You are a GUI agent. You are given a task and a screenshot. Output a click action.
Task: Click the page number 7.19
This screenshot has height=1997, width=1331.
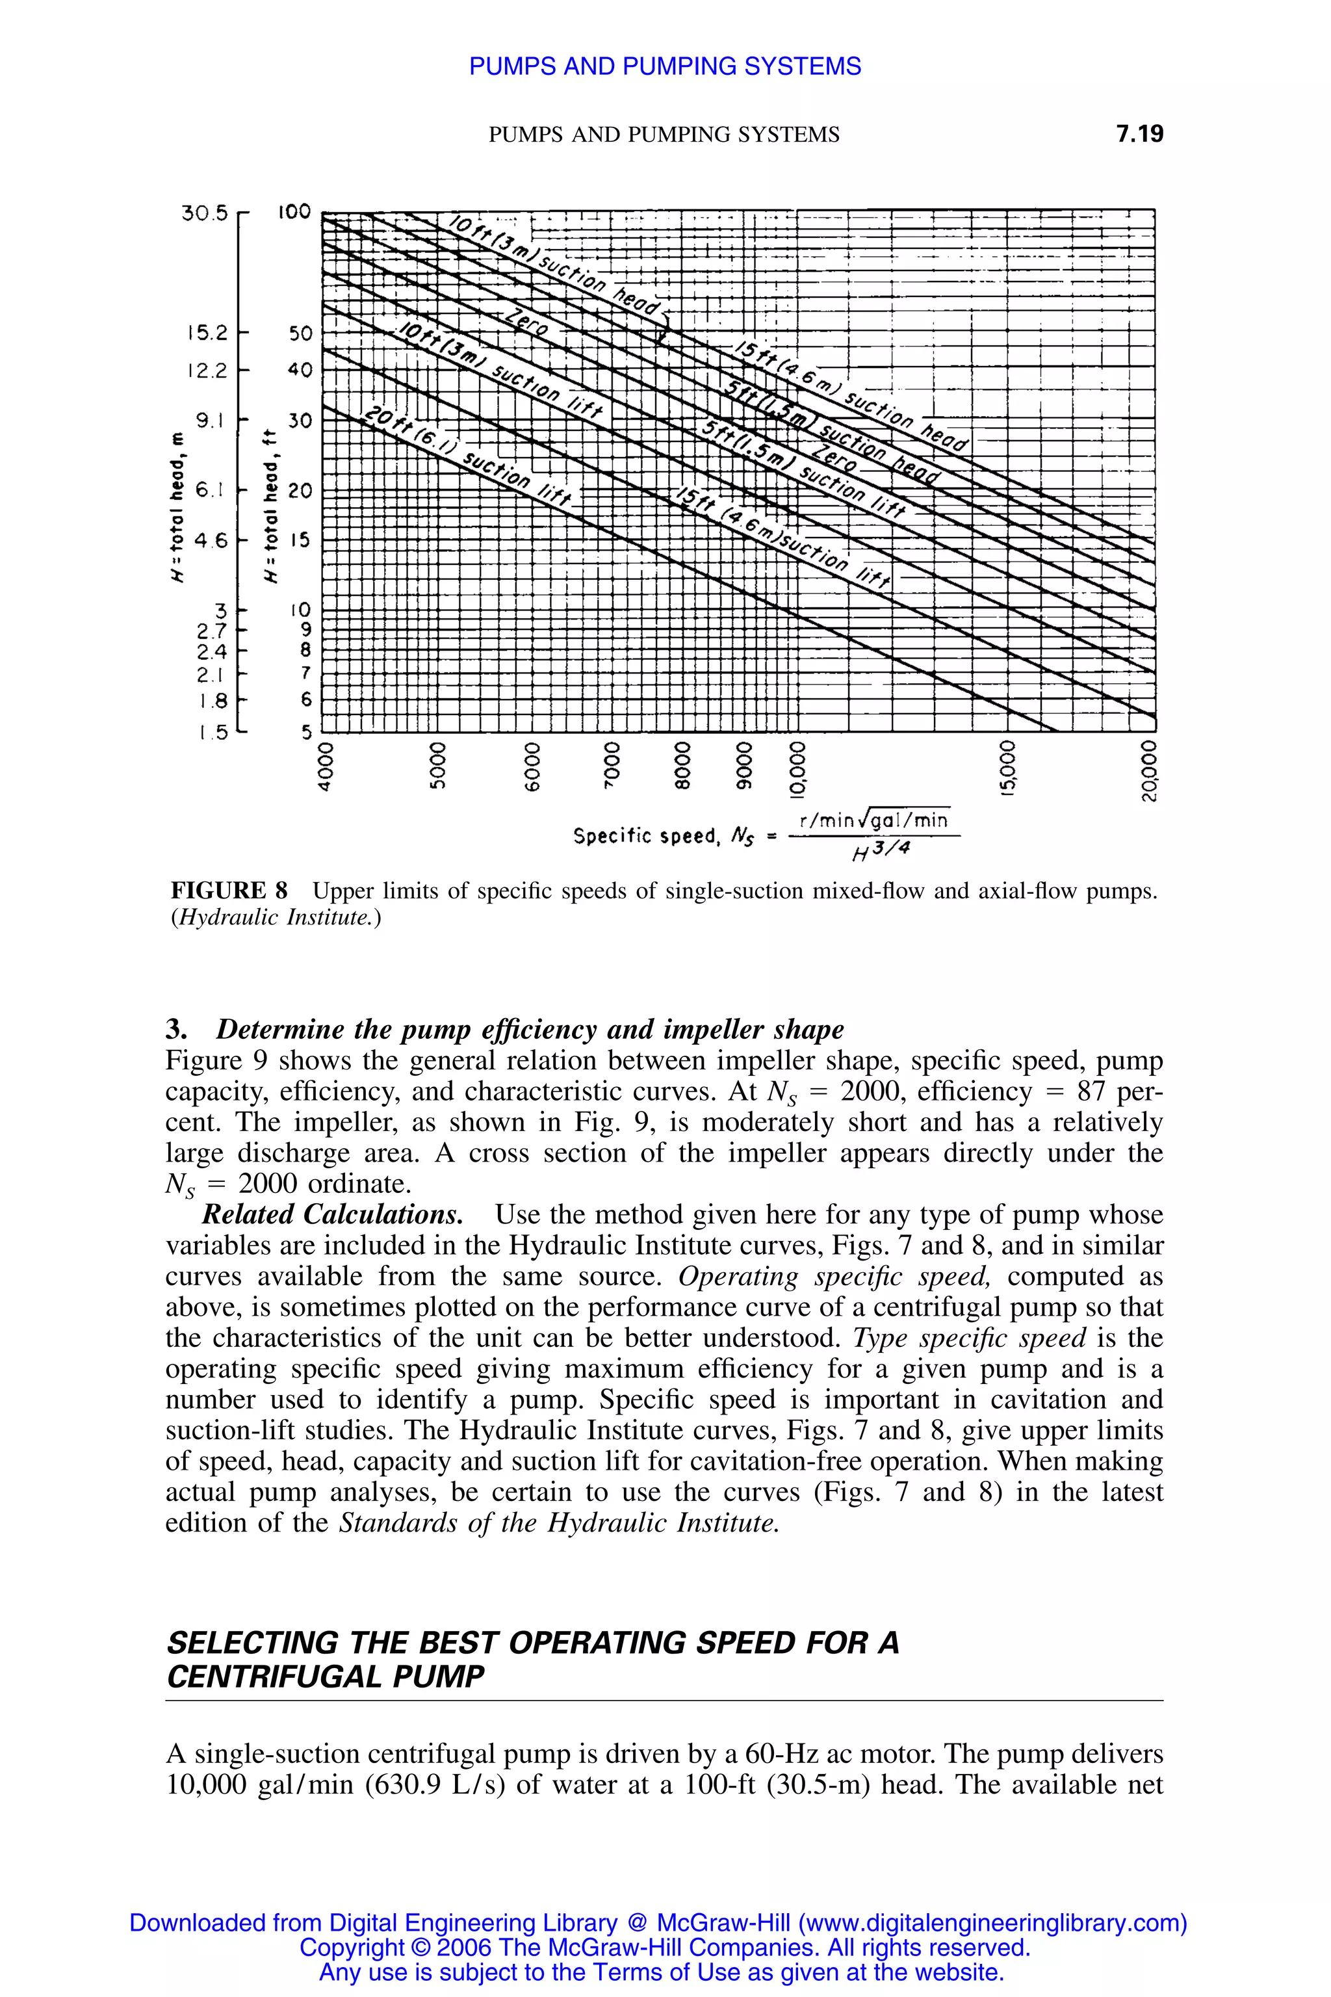point(1140,134)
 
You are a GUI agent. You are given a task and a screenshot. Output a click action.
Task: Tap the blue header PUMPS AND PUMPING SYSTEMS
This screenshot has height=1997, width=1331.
point(665,66)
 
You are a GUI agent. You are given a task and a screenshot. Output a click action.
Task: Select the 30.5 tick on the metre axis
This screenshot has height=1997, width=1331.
point(205,213)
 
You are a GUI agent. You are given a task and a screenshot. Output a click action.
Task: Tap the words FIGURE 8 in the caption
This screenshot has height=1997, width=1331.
point(229,891)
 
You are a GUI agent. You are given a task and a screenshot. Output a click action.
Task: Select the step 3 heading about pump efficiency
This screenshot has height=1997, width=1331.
point(505,1029)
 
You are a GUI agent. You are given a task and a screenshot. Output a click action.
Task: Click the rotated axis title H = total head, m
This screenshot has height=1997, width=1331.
point(177,519)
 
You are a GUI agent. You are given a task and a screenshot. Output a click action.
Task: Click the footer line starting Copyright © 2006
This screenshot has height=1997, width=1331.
point(665,1947)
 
